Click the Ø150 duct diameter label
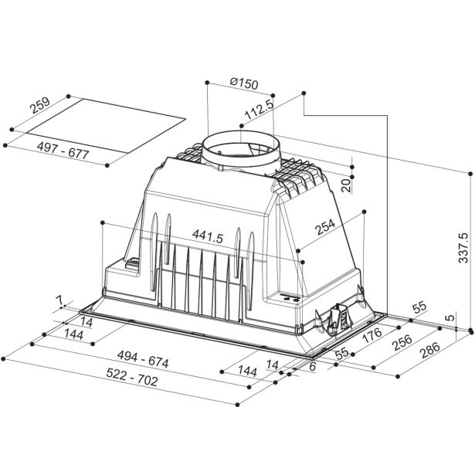click(244, 84)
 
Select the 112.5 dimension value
click(259, 109)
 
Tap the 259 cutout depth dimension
click(39, 105)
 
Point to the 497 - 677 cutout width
click(63, 151)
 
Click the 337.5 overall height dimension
click(463, 248)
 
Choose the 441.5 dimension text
click(208, 236)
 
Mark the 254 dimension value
click(325, 227)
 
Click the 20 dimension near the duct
click(346, 185)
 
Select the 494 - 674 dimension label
click(143, 359)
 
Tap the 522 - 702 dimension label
click(132, 378)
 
